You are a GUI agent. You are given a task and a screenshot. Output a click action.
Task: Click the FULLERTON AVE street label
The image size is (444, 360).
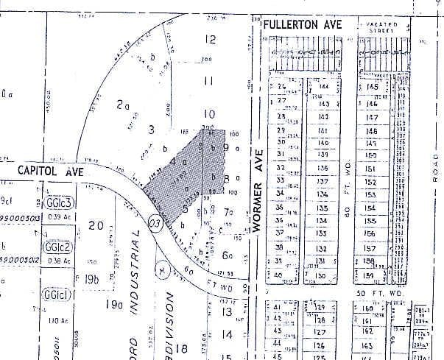click(x=303, y=25)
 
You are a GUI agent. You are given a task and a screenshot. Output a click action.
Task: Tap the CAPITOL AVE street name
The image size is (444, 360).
click(x=46, y=172)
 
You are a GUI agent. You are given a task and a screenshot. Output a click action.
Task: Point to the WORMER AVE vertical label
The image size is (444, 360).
click(x=258, y=197)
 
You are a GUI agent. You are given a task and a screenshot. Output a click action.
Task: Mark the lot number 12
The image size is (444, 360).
click(x=211, y=40)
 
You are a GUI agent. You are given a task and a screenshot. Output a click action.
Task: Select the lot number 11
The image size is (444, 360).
click(x=209, y=81)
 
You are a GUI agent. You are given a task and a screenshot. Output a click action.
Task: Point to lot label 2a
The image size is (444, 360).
click(x=123, y=105)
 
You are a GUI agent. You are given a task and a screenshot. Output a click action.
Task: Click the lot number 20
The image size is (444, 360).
click(x=95, y=225)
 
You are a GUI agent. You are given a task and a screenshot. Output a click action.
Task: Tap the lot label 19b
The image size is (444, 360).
click(x=91, y=278)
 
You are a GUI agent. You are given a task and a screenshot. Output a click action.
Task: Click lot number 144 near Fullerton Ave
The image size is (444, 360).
click(x=324, y=87)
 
